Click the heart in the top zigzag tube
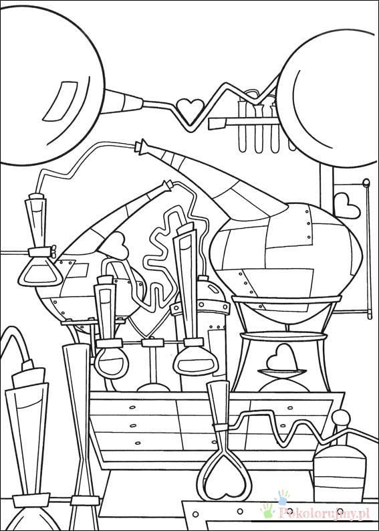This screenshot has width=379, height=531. click(191, 110)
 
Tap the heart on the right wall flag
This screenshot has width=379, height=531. click(346, 206)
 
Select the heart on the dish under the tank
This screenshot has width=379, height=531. click(283, 358)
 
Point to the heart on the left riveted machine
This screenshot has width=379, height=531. click(114, 246)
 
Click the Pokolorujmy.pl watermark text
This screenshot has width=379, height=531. click(323, 514)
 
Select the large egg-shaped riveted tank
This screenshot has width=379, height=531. click(286, 257)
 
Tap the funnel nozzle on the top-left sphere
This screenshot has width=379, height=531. click(124, 102)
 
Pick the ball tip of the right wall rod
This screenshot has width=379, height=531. click(366, 183)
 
